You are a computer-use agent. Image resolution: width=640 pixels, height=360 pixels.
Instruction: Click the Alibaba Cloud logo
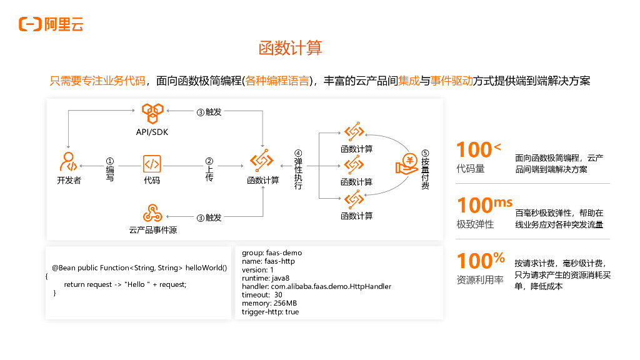[51, 24]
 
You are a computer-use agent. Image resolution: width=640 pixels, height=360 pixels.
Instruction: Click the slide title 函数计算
[290, 48]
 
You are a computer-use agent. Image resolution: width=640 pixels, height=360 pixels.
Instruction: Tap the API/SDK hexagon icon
[152, 114]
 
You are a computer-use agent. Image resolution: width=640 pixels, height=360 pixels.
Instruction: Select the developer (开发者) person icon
[69, 162]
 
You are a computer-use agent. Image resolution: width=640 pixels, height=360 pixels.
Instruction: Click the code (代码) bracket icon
[152, 164]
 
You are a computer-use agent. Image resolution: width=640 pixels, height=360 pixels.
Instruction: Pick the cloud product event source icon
[152, 213]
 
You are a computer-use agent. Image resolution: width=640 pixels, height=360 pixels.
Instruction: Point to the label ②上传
[209, 169]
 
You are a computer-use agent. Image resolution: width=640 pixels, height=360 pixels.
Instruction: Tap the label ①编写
[110, 169]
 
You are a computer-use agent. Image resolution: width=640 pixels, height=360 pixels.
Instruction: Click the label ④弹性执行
[298, 170]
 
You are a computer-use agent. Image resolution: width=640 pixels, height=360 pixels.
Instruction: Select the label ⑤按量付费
[425, 169]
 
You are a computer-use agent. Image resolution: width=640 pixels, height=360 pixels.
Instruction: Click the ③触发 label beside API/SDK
[209, 112]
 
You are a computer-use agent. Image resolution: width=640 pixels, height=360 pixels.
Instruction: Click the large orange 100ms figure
[484, 206]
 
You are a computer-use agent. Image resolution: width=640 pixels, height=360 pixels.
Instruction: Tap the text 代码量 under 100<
[471, 169]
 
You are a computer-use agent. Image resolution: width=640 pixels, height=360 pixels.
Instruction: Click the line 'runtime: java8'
[266, 278]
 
